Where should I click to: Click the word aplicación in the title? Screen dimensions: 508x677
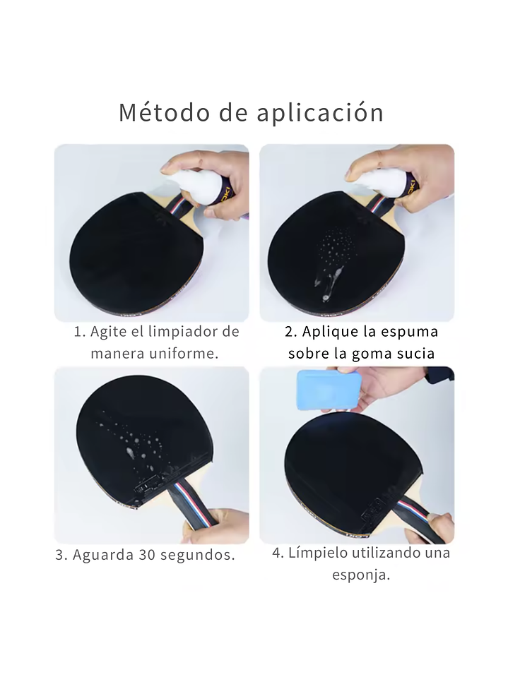click(320, 113)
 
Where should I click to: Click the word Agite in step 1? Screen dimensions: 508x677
click(104, 332)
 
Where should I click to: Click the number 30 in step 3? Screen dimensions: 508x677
click(147, 555)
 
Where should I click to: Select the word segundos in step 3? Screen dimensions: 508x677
click(197, 556)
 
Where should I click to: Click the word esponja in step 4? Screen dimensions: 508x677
click(361, 575)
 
